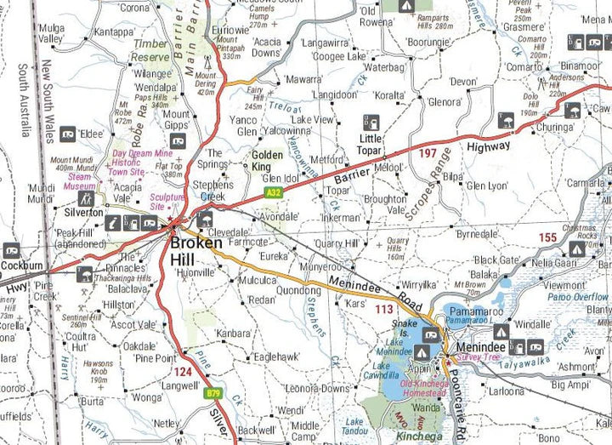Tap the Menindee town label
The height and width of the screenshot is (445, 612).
(480, 348)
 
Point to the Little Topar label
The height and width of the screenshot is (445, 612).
(371, 144)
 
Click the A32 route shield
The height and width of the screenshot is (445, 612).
(273, 193)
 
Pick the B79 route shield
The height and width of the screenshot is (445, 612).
(215, 393)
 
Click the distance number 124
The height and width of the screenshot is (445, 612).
(183, 371)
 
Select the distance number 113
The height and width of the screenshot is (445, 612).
(384, 310)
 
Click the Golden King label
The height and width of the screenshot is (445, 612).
(266, 161)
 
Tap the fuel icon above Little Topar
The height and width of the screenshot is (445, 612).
(368, 121)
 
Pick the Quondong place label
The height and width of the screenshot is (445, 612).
(298, 289)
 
